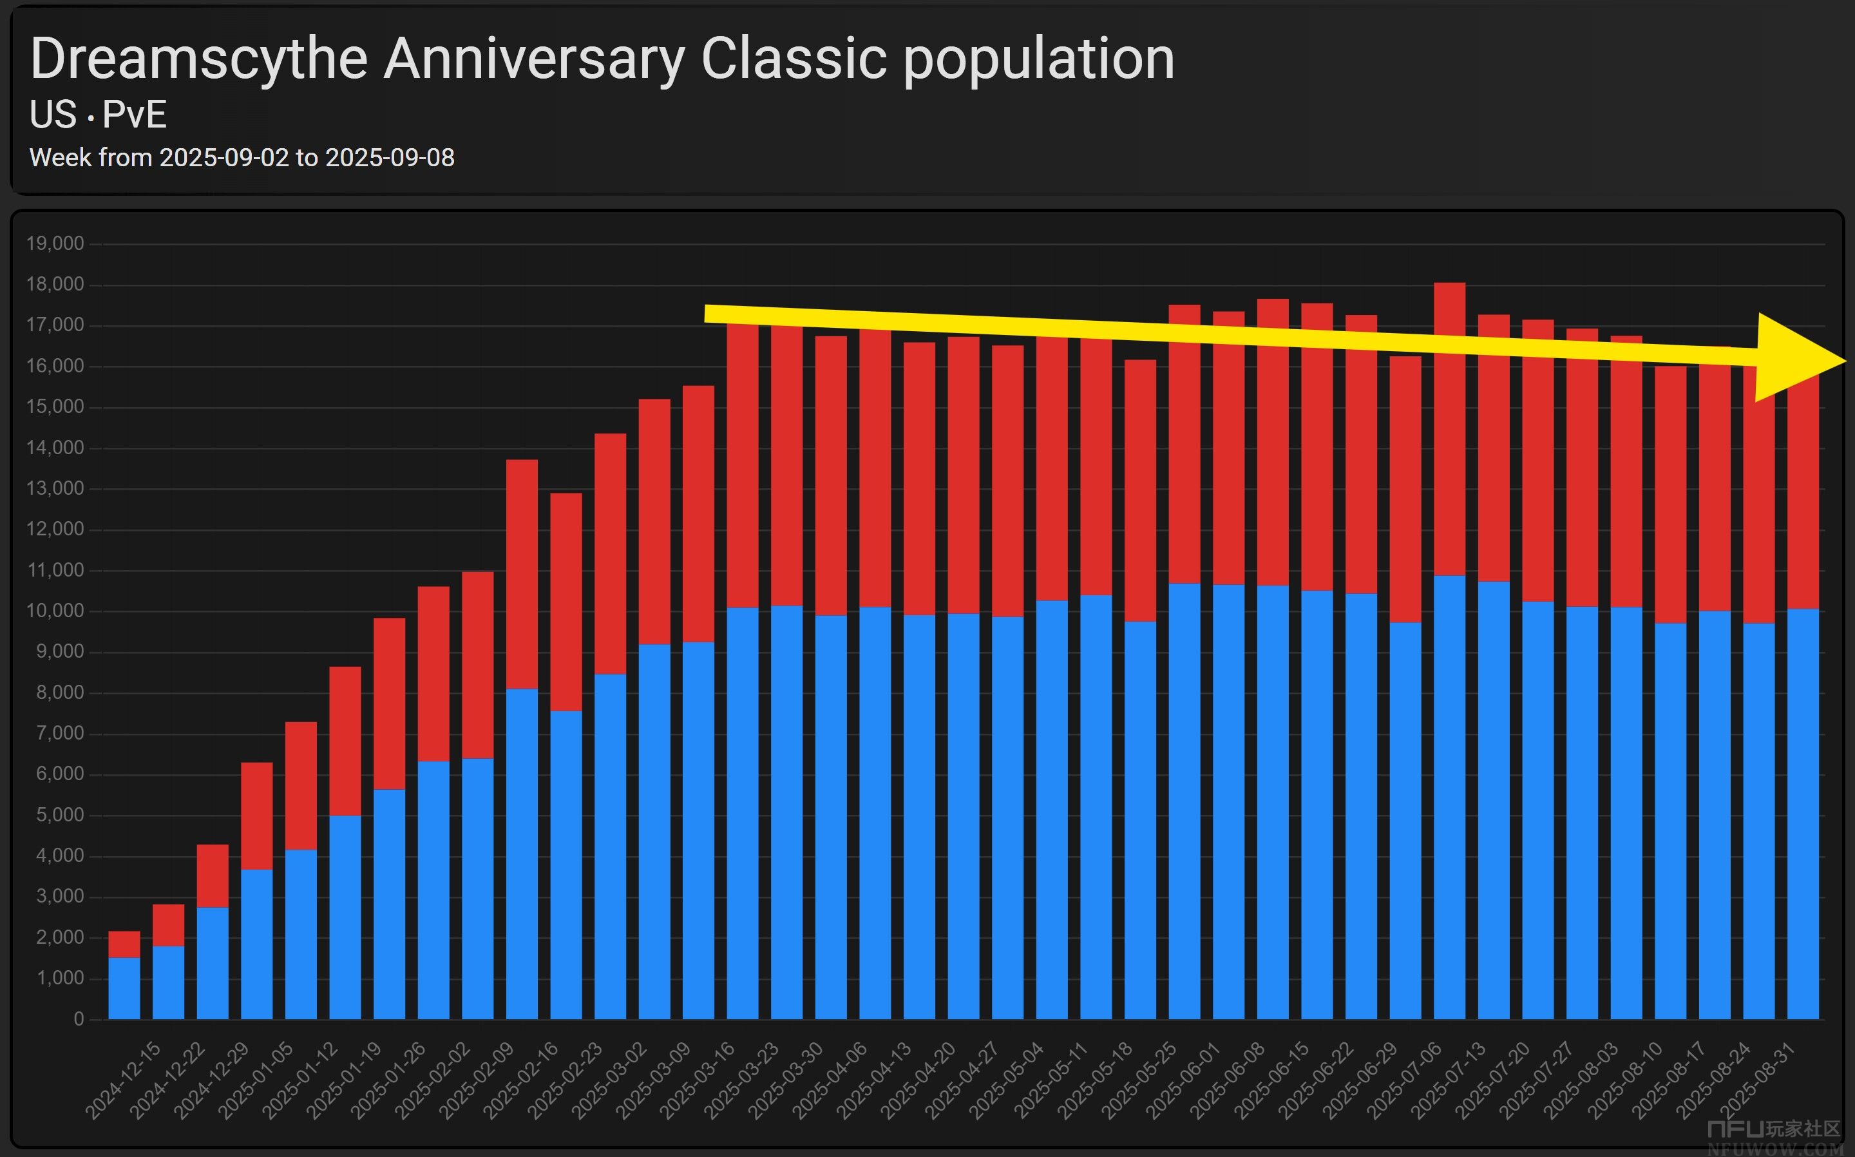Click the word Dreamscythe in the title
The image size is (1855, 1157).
point(199,59)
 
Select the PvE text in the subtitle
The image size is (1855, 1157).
point(135,115)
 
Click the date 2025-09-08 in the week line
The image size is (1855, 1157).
point(390,158)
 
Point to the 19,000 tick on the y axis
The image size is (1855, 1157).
point(55,244)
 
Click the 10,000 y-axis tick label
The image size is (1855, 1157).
point(55,611)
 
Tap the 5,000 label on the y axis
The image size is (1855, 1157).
point(60,815)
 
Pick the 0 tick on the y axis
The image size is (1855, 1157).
point(79,1018)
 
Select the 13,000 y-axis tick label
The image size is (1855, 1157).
point(55,488)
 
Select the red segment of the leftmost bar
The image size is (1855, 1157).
point(124,944)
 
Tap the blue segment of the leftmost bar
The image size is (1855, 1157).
point(124,989)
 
